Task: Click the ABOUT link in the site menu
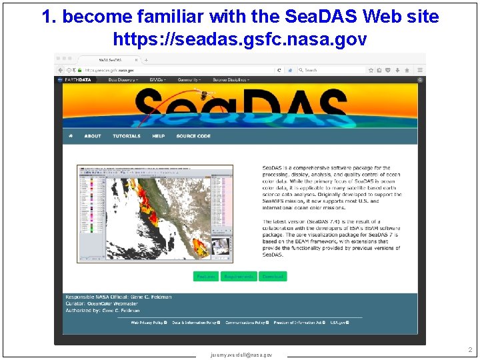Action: (x=93, y=136)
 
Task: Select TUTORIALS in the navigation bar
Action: (x=127, y=136)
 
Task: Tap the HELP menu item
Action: (x=159, y=136)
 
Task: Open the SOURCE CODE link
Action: (x=193, y=136)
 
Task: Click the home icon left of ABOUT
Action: (x=71, y=136)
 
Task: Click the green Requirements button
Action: (x=239, y=276)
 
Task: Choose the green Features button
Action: (x=205, y=276)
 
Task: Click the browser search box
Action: (x=327, y=69)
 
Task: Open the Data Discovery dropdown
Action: (x=122, y=79)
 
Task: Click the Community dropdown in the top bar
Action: (x=190, y=79)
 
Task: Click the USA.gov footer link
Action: (x=339, y=323)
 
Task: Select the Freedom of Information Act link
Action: (x=299, y=323)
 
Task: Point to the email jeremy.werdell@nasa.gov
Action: (x=241, y=355)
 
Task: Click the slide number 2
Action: (x=469, y=349)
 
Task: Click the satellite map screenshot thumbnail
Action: (x=155, y=213)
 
